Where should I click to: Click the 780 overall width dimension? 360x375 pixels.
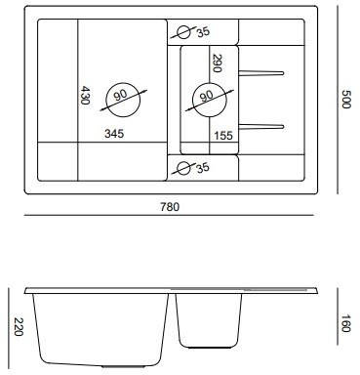170,207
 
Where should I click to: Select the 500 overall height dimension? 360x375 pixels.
345,99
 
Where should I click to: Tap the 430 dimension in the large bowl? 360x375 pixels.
85,95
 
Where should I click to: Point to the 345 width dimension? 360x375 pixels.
114,134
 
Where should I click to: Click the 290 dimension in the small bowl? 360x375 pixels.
217,62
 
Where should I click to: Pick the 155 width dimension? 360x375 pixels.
223,136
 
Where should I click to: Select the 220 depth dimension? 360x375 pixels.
19,327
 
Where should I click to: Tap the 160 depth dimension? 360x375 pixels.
345,323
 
